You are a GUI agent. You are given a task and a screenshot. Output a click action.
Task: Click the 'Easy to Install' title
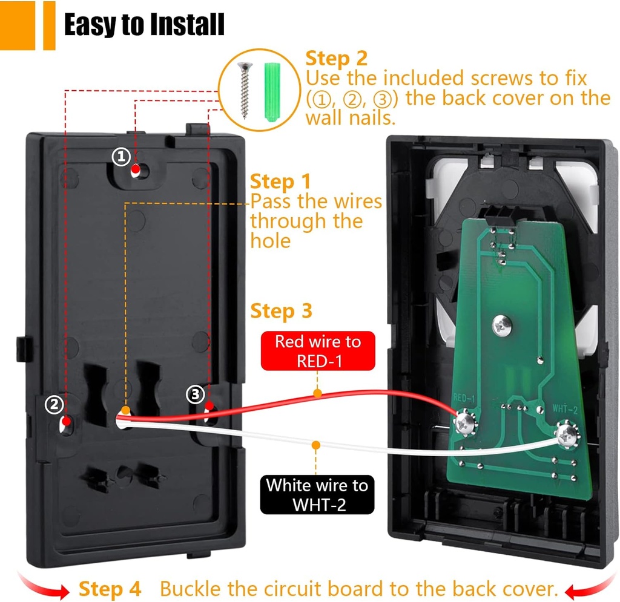(x=144, y=24)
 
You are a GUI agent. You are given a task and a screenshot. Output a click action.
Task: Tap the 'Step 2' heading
(x=337, y=59)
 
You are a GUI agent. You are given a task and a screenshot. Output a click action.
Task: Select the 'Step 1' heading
(x=281, y=182)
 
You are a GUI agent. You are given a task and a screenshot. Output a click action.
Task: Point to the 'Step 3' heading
(x=281, y=311)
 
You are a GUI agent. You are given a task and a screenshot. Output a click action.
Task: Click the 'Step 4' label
(x=110, y=589)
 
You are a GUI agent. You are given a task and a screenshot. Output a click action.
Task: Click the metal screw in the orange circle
(x=245, y=91)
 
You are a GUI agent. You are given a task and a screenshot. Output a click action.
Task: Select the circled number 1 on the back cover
(x=121, y=157)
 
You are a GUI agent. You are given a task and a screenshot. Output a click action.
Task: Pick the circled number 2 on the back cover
(x=54, y=404)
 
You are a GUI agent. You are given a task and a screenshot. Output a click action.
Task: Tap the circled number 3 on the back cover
(x=196, y=394)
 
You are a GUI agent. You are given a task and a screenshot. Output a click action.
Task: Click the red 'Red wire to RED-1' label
(x=318, y=351)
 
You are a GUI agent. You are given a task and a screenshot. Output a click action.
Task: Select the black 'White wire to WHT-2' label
(x=317, y=494)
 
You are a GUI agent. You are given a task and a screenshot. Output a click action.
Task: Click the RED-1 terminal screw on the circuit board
(x=466, y=423)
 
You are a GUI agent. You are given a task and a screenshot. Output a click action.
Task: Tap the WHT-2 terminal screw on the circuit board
(x=568, y=435)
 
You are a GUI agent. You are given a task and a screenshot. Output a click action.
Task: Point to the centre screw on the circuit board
(x=502, y=326)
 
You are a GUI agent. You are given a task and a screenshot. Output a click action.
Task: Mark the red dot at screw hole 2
(x=67, y=421)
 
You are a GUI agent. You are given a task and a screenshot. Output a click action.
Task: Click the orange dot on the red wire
(x=317, y=393)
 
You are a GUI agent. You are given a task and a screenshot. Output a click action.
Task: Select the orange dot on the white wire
(x=315, y=445)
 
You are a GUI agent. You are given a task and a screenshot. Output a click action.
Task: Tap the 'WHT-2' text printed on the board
(x=565, y=408)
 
